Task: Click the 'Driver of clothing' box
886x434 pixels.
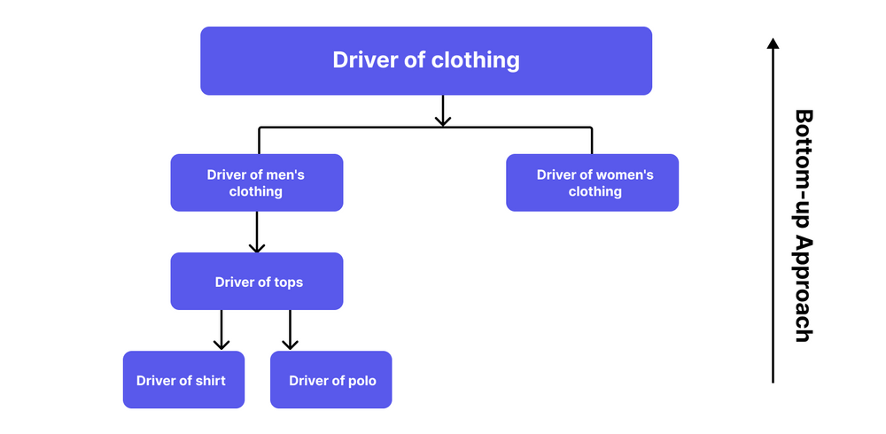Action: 425,60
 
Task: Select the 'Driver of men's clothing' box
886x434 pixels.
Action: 256,182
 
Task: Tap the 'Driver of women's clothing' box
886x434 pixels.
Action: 592,182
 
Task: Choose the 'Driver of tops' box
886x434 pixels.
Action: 256,282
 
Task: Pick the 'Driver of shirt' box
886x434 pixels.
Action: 183,380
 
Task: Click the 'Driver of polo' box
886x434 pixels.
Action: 330,380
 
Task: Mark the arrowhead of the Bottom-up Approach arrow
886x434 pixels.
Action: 773,43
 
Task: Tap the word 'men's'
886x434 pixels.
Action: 285,175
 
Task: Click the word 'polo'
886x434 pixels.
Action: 361,381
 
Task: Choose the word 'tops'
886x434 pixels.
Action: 288,283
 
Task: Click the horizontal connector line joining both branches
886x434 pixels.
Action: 354,128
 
